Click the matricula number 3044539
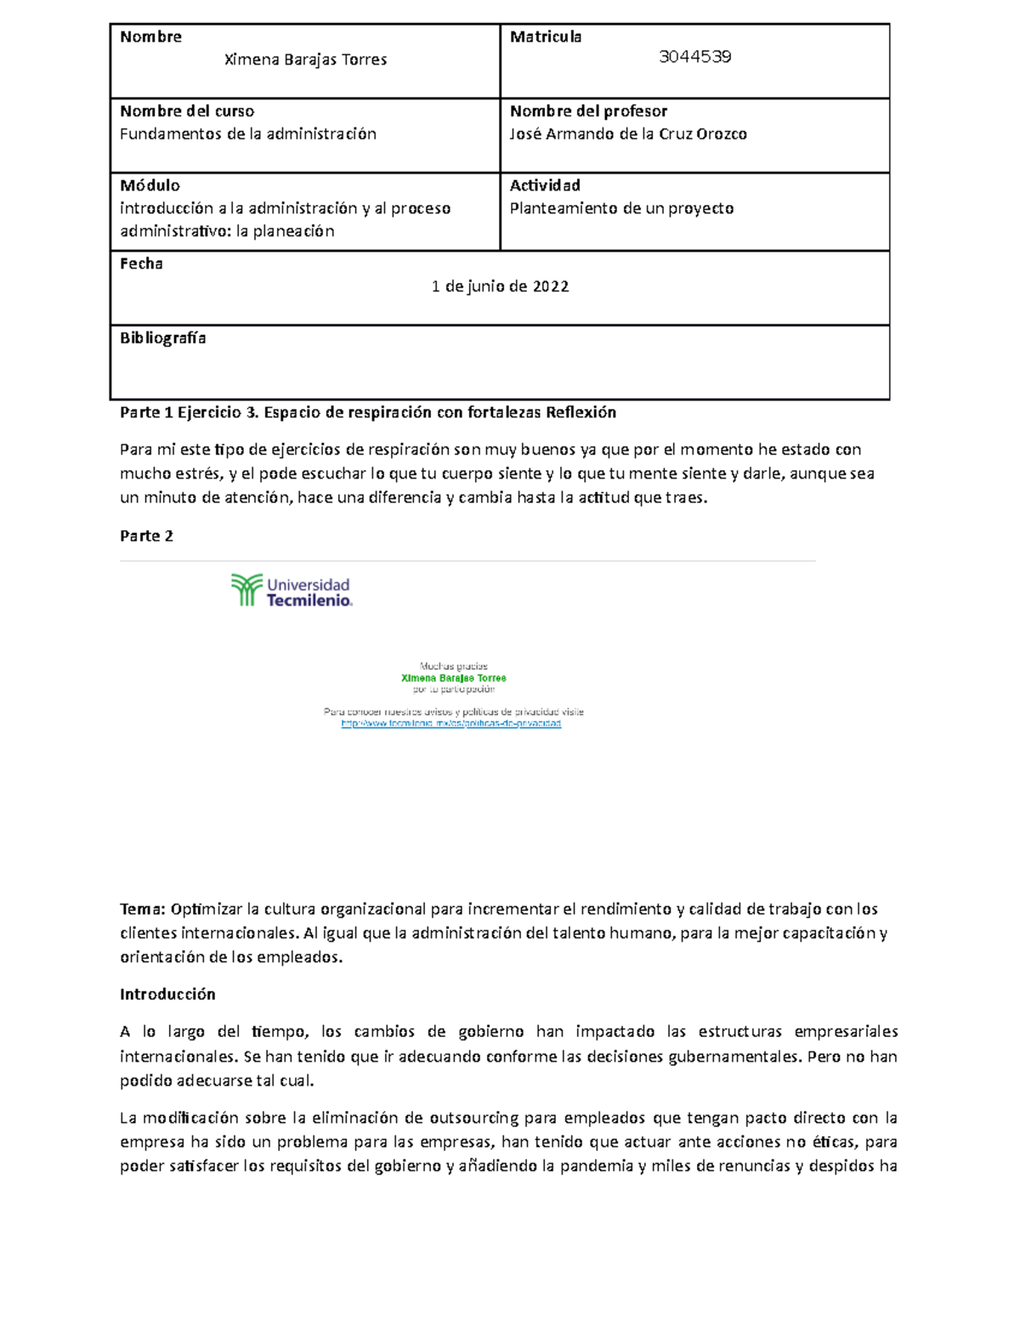[695, 57]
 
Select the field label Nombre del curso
[187, 111]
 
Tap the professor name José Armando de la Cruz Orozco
[628, 134]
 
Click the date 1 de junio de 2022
[500, 286]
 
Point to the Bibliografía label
[163, 338]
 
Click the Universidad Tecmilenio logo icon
[246, 590]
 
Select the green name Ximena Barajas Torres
[453, 678]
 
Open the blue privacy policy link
[450, 723]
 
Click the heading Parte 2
[146, 535]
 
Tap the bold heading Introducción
[167, 994]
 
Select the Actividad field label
[545, 185]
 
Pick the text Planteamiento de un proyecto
[621, 208]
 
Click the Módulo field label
[150, 185]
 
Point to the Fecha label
[141, 263]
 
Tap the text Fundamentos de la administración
[247, 134]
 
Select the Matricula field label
[546, 37]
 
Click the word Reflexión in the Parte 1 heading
[581, 413]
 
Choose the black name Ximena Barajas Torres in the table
[305, 59]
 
